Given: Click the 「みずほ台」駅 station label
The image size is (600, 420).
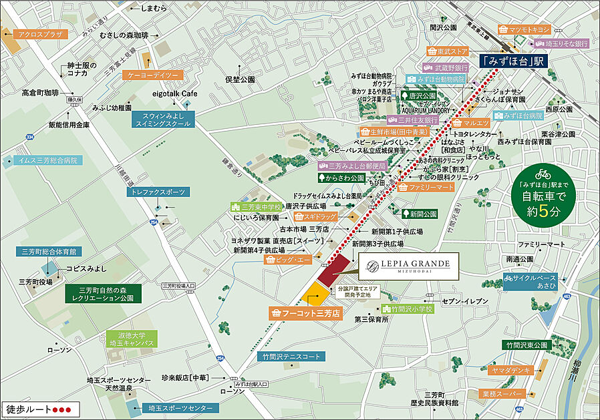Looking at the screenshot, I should click(513, 61).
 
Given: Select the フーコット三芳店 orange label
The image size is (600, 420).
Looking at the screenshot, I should click(305, 312).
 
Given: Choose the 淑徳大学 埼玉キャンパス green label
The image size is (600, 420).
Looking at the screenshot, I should click(132, 339).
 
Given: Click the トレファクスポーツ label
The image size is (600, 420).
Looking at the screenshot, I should click(158, 192).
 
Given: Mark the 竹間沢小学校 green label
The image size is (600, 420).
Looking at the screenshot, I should click(408, 309).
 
